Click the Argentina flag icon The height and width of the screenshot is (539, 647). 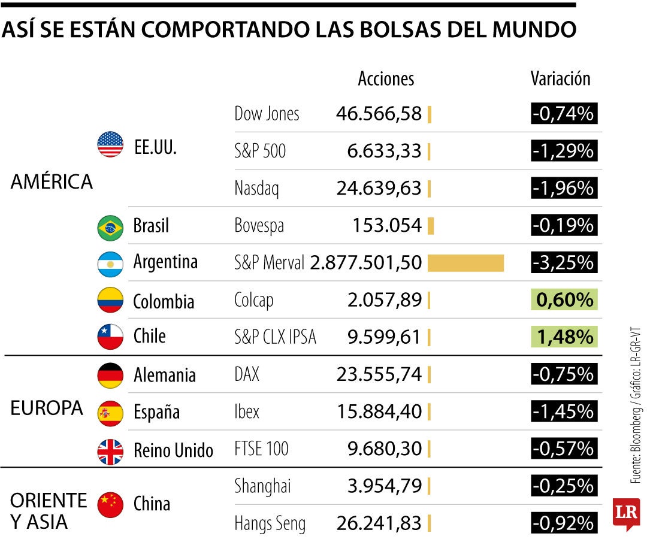pos(110,264)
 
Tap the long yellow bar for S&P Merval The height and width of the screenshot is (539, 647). pos(465,263)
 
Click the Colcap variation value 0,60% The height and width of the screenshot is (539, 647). pos(564,300)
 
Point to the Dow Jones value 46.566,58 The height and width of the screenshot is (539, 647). pos(379,113)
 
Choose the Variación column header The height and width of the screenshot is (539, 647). pos(560,78)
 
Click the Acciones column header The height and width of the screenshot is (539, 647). pos(386,78)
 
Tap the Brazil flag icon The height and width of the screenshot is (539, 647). pos(110,227)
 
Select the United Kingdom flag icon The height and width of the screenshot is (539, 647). pos(110,451)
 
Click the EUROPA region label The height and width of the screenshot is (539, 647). pos(47,408)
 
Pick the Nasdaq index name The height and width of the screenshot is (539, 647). pos(256,189)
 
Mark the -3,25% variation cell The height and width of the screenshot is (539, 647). pos(564,263)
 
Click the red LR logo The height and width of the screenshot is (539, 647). pos(626,514)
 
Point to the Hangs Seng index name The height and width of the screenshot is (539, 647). pos(270,524)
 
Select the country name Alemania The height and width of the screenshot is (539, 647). pos(164,376)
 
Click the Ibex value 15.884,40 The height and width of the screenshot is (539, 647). pos(379,412)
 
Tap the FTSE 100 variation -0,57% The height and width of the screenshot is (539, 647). pos(564,449)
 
